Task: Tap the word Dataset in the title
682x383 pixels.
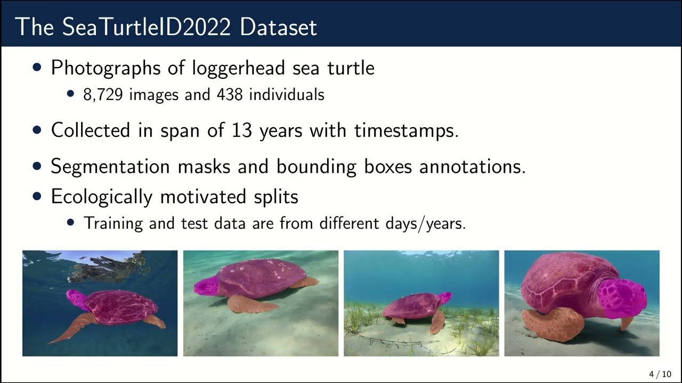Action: coord(278,27)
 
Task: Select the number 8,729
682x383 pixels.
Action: coord(103,95)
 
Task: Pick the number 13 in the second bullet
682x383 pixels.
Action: coord(241,130)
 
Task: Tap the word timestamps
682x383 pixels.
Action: coord(406,130)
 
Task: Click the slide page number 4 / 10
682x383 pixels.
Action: coord(660,374)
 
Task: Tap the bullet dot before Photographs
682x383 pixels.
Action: coord(37,68)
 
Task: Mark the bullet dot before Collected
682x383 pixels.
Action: coord(37,130)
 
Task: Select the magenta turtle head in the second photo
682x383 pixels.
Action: coord(206,286)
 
